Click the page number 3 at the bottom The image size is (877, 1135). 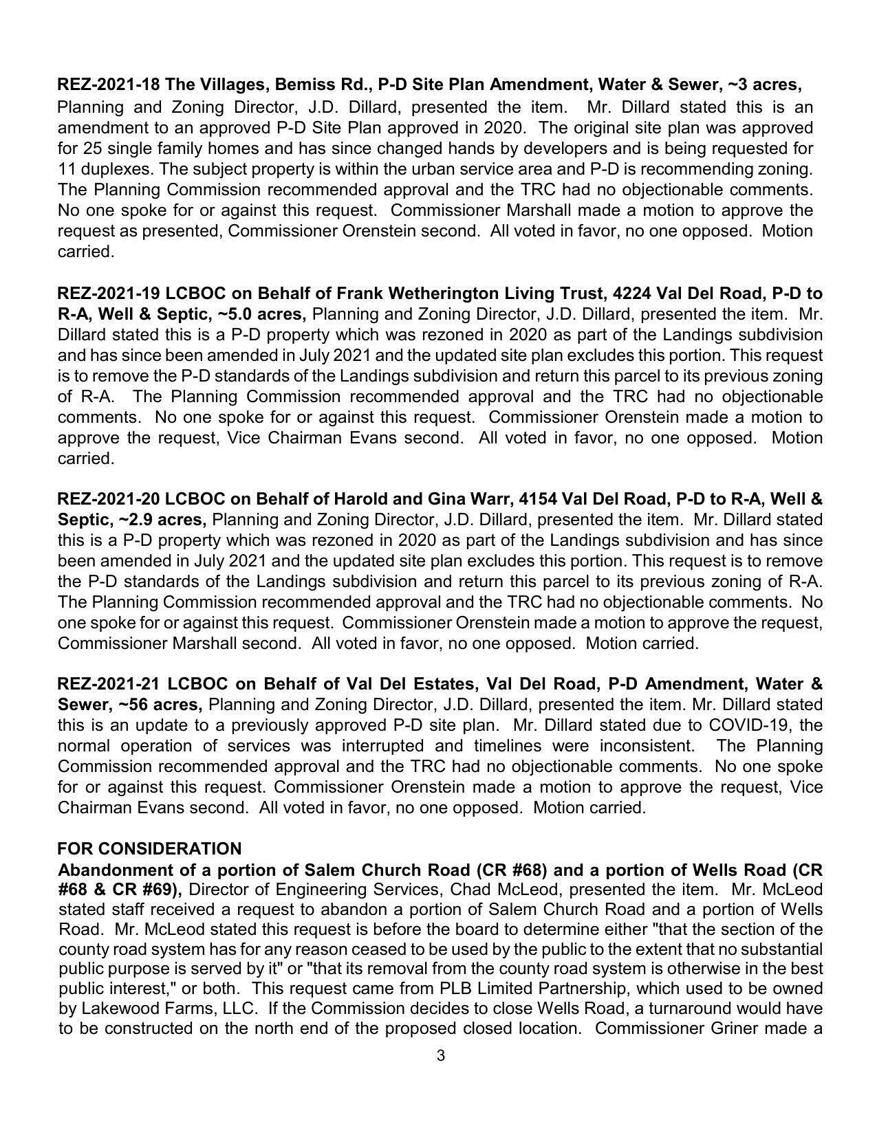click(x=440, y=1055)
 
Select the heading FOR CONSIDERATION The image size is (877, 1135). click(x=149, y=848)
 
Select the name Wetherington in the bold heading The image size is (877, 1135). click(x=444, y=294)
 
